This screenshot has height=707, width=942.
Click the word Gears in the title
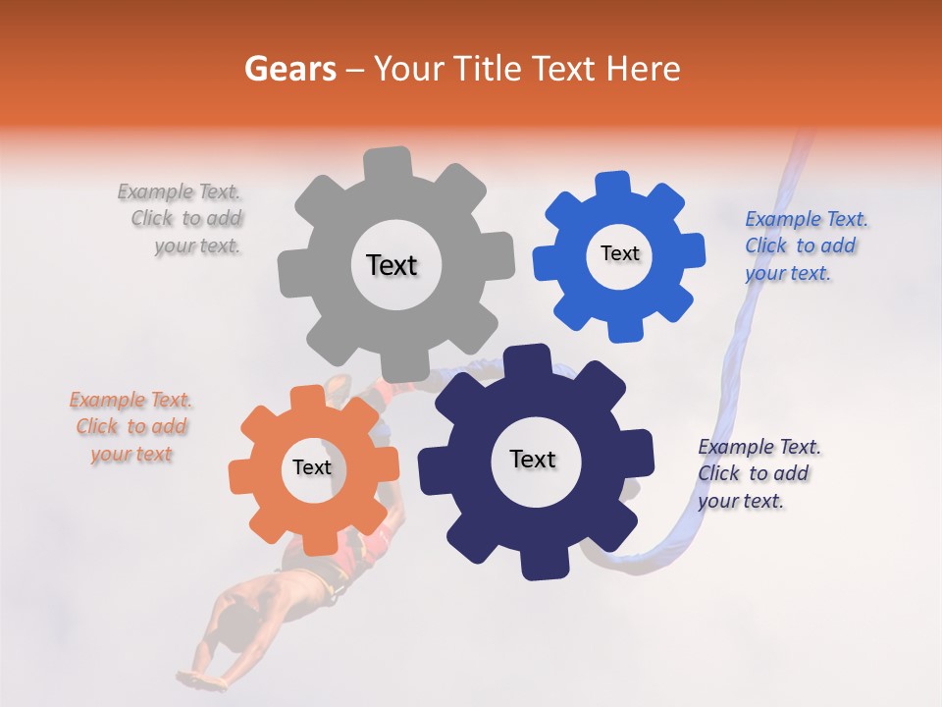(x=288, y=69)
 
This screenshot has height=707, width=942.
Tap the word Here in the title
(x=639, y=69)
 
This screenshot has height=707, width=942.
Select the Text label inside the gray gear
(x=392, y=265)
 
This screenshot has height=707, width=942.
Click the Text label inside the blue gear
(x=619, y=253)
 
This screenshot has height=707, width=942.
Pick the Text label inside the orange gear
(x=312, y=468)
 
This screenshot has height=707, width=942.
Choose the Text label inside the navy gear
(x=533, y=460)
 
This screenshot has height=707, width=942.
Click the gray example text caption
(x=182, y=219)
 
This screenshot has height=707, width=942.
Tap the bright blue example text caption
(x=805, y=245)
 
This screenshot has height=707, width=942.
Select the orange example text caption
(x=131, y=427)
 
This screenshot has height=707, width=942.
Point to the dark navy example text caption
(x=758, y=473)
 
